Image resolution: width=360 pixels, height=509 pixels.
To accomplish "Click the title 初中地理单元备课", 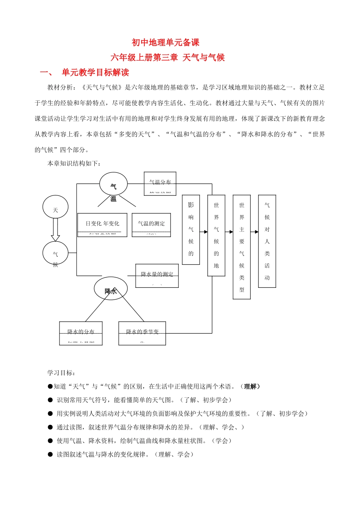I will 166,42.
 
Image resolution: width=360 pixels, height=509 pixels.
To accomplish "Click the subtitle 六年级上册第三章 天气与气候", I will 167,58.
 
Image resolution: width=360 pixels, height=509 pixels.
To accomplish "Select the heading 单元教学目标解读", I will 95,72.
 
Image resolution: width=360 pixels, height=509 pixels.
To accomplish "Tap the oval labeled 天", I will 55,207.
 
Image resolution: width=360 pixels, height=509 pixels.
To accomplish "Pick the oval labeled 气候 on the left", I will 55,254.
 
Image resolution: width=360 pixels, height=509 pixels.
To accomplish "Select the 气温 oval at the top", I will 113,184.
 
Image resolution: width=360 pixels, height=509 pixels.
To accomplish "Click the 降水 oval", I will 111,289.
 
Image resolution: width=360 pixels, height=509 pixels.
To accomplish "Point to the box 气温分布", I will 160,184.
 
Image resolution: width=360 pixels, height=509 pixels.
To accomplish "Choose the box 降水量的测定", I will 157,276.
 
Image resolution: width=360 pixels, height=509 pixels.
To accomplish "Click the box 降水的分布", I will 81,333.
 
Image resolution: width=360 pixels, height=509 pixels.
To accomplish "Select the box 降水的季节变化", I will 142,333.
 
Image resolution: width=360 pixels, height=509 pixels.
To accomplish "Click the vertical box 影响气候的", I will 191,230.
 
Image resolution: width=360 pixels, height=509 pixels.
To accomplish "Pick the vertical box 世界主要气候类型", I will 242,247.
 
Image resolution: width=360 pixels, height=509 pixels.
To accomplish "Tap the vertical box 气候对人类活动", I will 267,241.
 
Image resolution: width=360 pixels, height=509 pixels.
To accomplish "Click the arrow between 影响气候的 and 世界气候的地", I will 204,232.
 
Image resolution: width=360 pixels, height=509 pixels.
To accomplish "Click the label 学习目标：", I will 61,373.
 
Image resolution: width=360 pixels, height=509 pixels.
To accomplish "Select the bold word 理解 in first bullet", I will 250,386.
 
